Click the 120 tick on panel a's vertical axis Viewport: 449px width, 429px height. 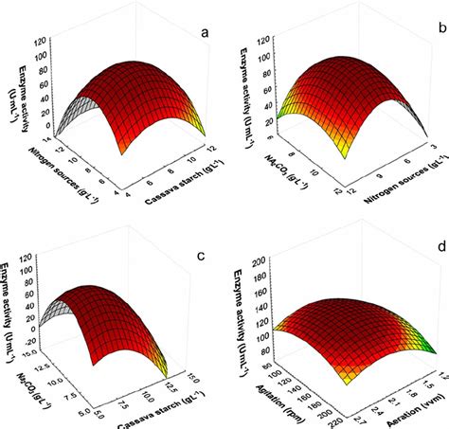pyautogui.click(x=43, y=43)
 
